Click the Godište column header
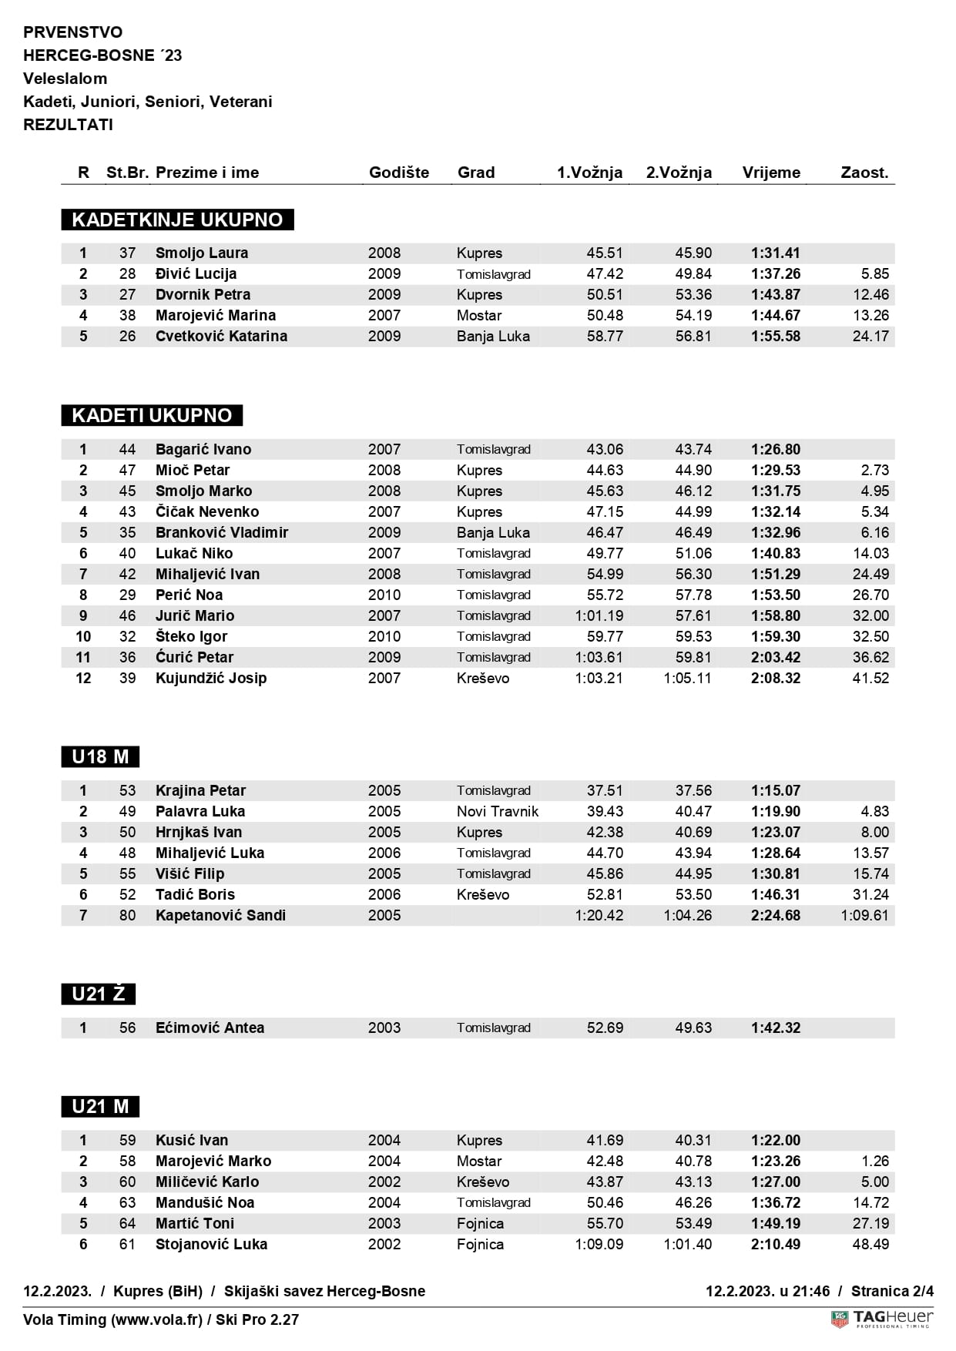tap(398, 173)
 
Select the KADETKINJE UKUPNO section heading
tap(177, 220)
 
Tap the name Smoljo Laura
tap(201, 253)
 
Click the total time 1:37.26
tap(775, 273)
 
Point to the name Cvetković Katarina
tap(221, 336)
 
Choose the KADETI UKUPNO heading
tap(152, 415)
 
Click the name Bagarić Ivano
tap(203, 449)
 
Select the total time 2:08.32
tap(775, 678)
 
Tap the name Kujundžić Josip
tap(211, 678)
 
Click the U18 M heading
tap(100, 756)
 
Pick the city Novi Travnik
tap(498, 811)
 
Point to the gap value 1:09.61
tap(864, 915)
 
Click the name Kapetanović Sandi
tap(220, 915)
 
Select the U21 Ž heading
tap(98, 994)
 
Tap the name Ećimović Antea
tap(210, 1027)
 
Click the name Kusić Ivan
tap(192, 1140)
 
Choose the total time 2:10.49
tap(775, 1244)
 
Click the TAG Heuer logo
tap(882, 1319)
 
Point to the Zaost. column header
tap(864, 173)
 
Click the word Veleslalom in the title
tap(65, 79)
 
